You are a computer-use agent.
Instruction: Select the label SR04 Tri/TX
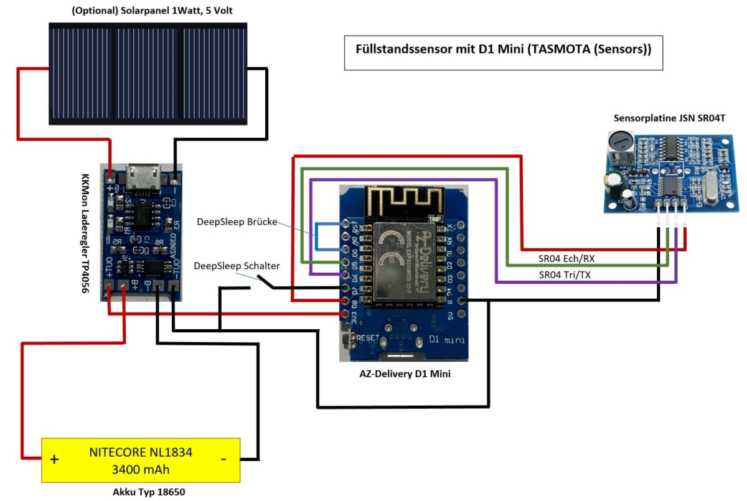(x=565, y=274)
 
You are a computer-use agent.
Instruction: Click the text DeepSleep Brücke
(x=237, y=222)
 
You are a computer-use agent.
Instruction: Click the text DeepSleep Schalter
(x=237, y=266)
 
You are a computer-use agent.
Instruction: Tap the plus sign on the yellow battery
(x=54, y=460)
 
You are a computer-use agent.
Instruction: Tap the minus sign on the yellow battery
(x=223, y=459)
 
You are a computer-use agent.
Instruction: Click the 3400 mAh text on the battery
(x=141, y=469)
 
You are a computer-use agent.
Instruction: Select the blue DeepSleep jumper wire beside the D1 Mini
(x=317, y=236)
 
